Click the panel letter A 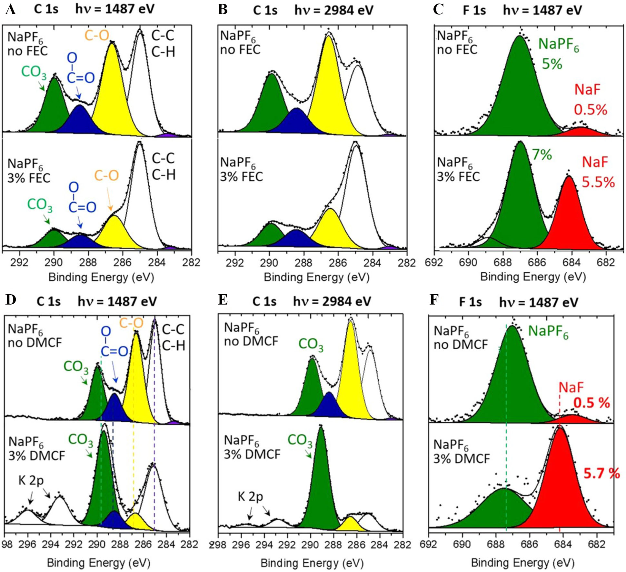[10, 10]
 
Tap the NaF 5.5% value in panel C [598, 182]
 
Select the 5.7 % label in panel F [601, 473]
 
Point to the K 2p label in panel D [31, 480]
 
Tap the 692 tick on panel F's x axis [428, 545]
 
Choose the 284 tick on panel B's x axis [372, 263]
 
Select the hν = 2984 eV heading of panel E [332, 302]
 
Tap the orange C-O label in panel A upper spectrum [97, 35]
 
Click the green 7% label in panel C [542, 155]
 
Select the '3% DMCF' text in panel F [462, 458]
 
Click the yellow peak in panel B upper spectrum [329, 90]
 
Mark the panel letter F [434, 300]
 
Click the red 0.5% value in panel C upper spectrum [590, 110]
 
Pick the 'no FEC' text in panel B [240, 50]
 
